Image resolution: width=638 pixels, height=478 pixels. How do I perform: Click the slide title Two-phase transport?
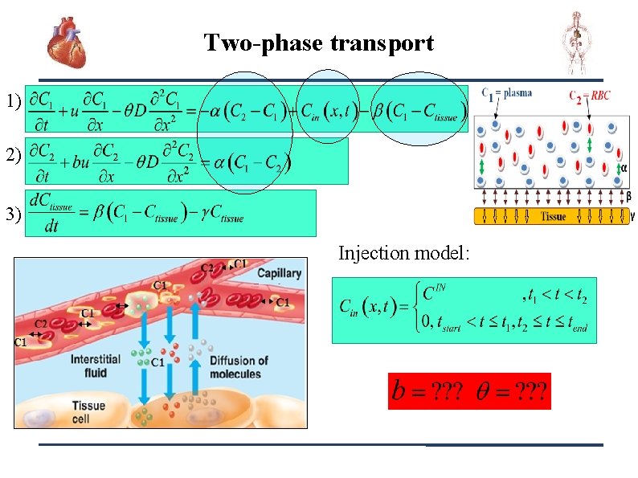[x=318, y=43]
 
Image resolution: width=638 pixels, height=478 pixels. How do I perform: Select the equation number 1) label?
[x=12, y=102]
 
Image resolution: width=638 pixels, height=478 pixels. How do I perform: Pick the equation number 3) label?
[x=12, y=214]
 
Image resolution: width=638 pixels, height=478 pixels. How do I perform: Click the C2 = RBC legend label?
[x=590, y=96]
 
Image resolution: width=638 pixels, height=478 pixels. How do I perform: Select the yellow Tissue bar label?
[x=554, y=216]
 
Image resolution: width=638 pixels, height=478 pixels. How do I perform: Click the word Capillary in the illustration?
[x=279, y=273]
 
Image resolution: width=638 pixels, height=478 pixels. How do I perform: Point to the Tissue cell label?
[x=89, y=411]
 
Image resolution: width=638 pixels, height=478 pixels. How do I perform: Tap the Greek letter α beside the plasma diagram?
[x=624, y=168]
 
